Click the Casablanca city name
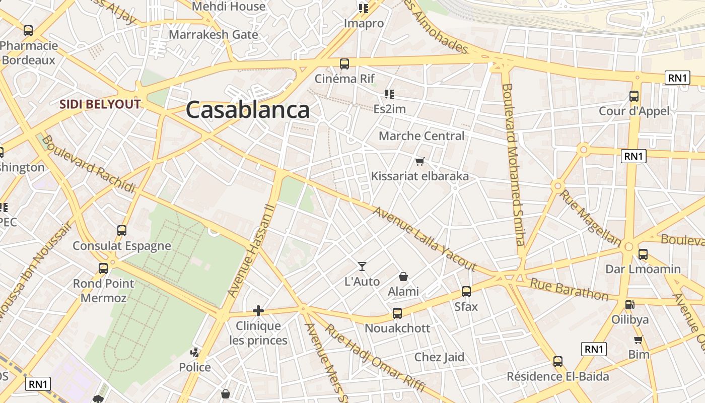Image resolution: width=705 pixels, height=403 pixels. click(247, 110)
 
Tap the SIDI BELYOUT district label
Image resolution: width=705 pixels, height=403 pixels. click(100, 105)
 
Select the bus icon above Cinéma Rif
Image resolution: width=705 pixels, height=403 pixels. click(344, 64)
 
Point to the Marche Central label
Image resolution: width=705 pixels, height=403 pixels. click(421, 136)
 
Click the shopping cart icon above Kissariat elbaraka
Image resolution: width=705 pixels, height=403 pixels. click(419, 162)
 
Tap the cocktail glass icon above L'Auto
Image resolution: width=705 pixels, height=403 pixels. click(362, 266)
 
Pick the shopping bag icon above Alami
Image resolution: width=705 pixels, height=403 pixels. click(403, 277)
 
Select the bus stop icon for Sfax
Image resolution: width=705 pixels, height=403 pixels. click(466, 291)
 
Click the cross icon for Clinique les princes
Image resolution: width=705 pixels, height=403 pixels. click(258, 311)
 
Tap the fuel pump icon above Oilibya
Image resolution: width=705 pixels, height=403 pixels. click(629, 305)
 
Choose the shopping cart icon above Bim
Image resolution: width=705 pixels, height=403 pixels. click(639, 340)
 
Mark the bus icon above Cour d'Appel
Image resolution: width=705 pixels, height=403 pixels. click(634, 96)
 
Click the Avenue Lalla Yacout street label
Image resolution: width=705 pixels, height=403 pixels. click(424, 238)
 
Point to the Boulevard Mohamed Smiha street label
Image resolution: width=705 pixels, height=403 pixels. click(514, 164)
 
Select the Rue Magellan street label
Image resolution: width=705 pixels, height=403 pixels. click(590, 217)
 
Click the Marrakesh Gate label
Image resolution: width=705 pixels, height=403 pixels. click(214, 35)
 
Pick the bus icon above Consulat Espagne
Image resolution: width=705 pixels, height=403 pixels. click(122, 231)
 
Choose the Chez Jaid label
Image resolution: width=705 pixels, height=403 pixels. click(439, 357)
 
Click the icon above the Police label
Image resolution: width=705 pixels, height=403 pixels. click(195, 353)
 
